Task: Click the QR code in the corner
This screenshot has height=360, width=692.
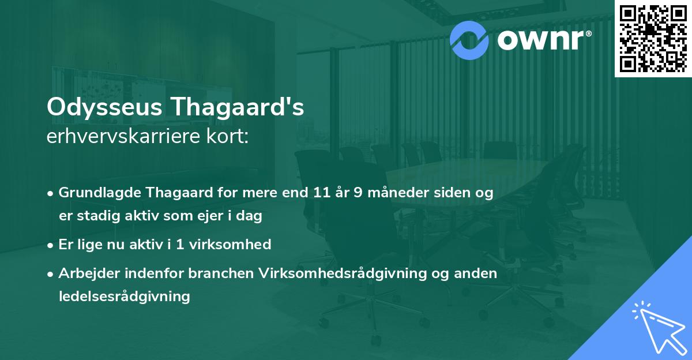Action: tap(653, 38)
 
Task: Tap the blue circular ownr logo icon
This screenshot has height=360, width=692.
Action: tap(469, 39)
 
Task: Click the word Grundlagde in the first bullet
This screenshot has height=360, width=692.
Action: tap(95, 193)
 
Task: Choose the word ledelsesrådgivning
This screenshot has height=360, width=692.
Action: tap(124, 297)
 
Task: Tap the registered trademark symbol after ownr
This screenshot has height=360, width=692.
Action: tap(588, 33)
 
